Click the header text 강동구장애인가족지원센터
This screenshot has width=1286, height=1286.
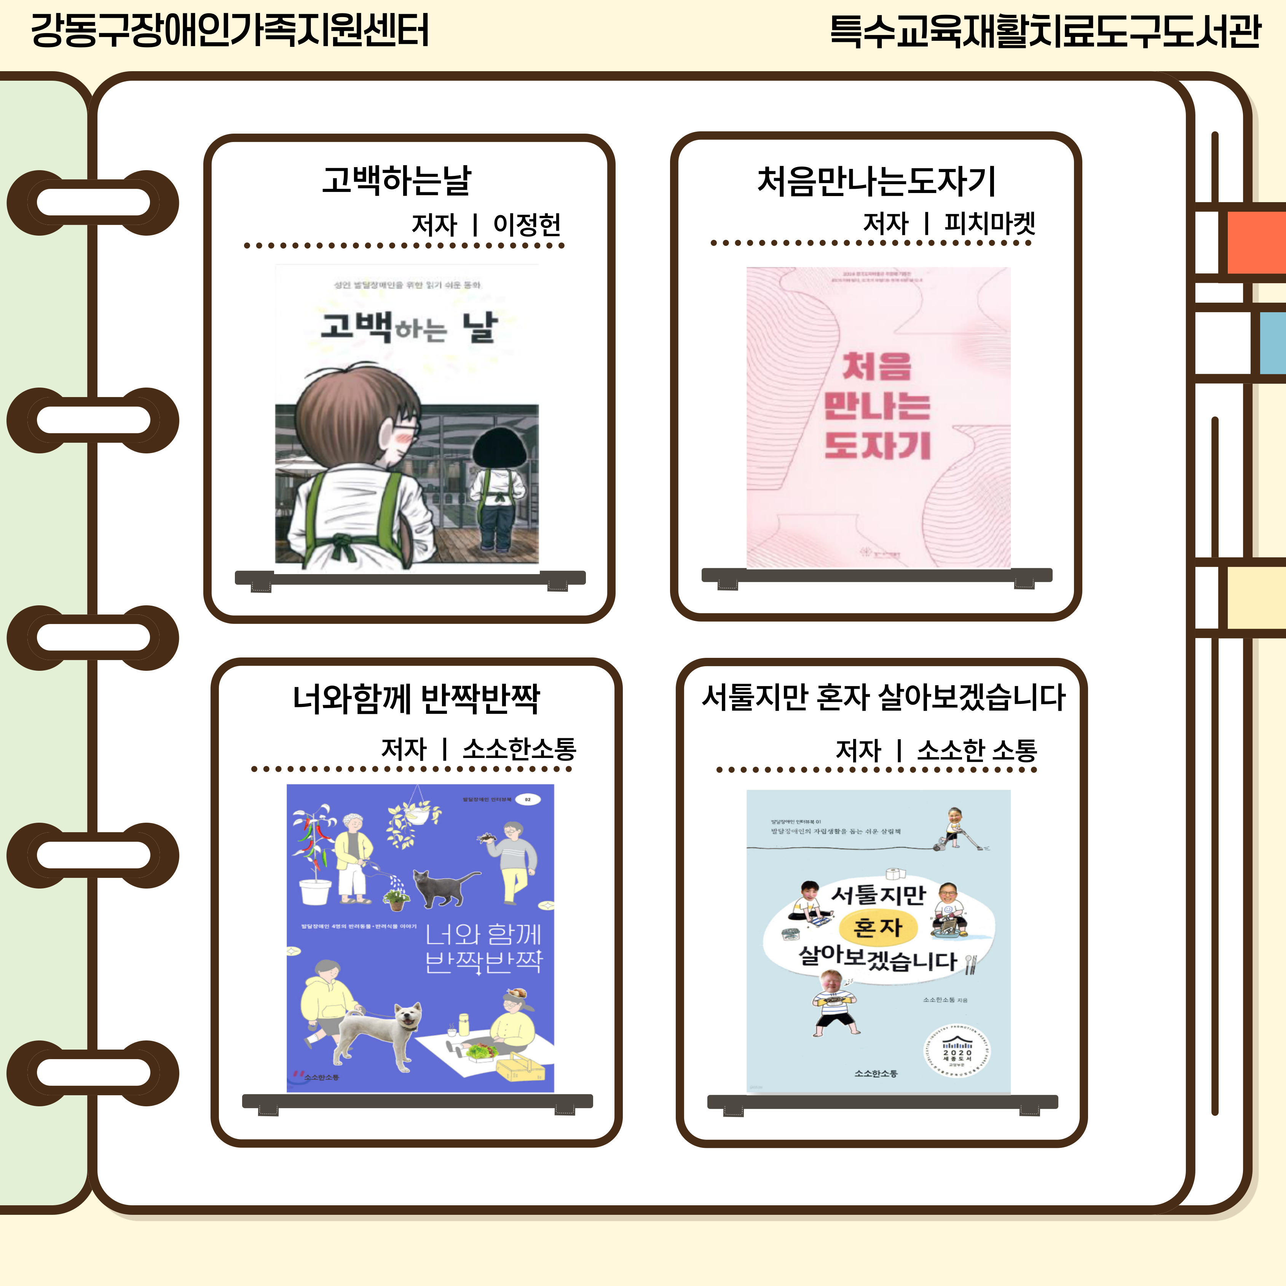tap(230, 30)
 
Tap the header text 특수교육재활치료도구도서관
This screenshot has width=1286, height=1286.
tap(1045, 31)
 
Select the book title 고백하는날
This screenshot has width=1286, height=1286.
tap(397, 180)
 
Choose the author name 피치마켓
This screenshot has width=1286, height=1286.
tap(990, 223)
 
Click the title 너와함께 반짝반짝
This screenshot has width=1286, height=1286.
tap(416, 699)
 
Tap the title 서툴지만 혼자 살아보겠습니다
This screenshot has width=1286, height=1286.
tap(883, 697)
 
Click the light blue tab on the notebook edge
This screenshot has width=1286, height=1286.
tap(1272, 343)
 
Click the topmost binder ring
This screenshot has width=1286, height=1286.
tap(93, 203)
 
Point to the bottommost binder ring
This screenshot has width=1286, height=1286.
tap(93, 1073)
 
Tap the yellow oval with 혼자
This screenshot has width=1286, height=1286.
tap(877, 927)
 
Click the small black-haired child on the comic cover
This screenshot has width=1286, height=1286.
tap(499, 489)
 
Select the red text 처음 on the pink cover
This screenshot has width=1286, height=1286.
tap(877, 367)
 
